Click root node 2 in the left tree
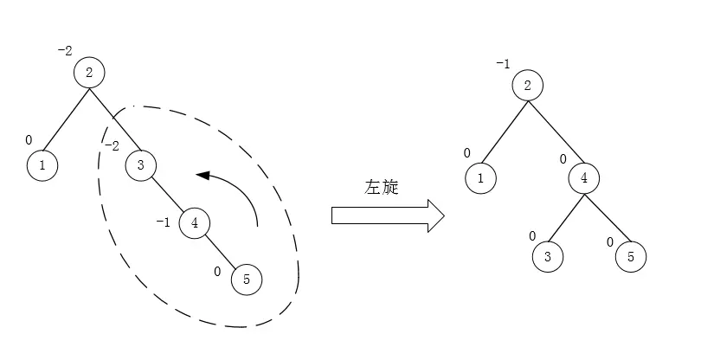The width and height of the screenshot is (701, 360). click(89, 72)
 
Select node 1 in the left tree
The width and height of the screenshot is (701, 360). click(42, 164)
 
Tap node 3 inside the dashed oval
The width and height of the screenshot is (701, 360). click(141, 164)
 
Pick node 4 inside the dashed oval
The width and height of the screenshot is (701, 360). click(195, 223)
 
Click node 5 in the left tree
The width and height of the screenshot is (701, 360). click(247, 279)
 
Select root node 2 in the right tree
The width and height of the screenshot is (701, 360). click(527, 86)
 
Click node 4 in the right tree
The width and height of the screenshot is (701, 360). click(584, 178)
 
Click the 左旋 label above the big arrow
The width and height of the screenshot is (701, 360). click(383, 187)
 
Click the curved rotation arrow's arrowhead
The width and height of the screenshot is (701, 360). click(203, 175)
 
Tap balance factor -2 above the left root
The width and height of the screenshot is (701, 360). click(65, 50)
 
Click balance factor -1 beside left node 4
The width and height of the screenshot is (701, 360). click(163, 222)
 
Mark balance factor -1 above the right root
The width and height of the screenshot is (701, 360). click(503, 64)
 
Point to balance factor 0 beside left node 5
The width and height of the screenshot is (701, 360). click(219, 271)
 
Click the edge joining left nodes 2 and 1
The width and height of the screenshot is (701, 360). click(66, 118)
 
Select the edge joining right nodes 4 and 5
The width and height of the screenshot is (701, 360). click(607, 216)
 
